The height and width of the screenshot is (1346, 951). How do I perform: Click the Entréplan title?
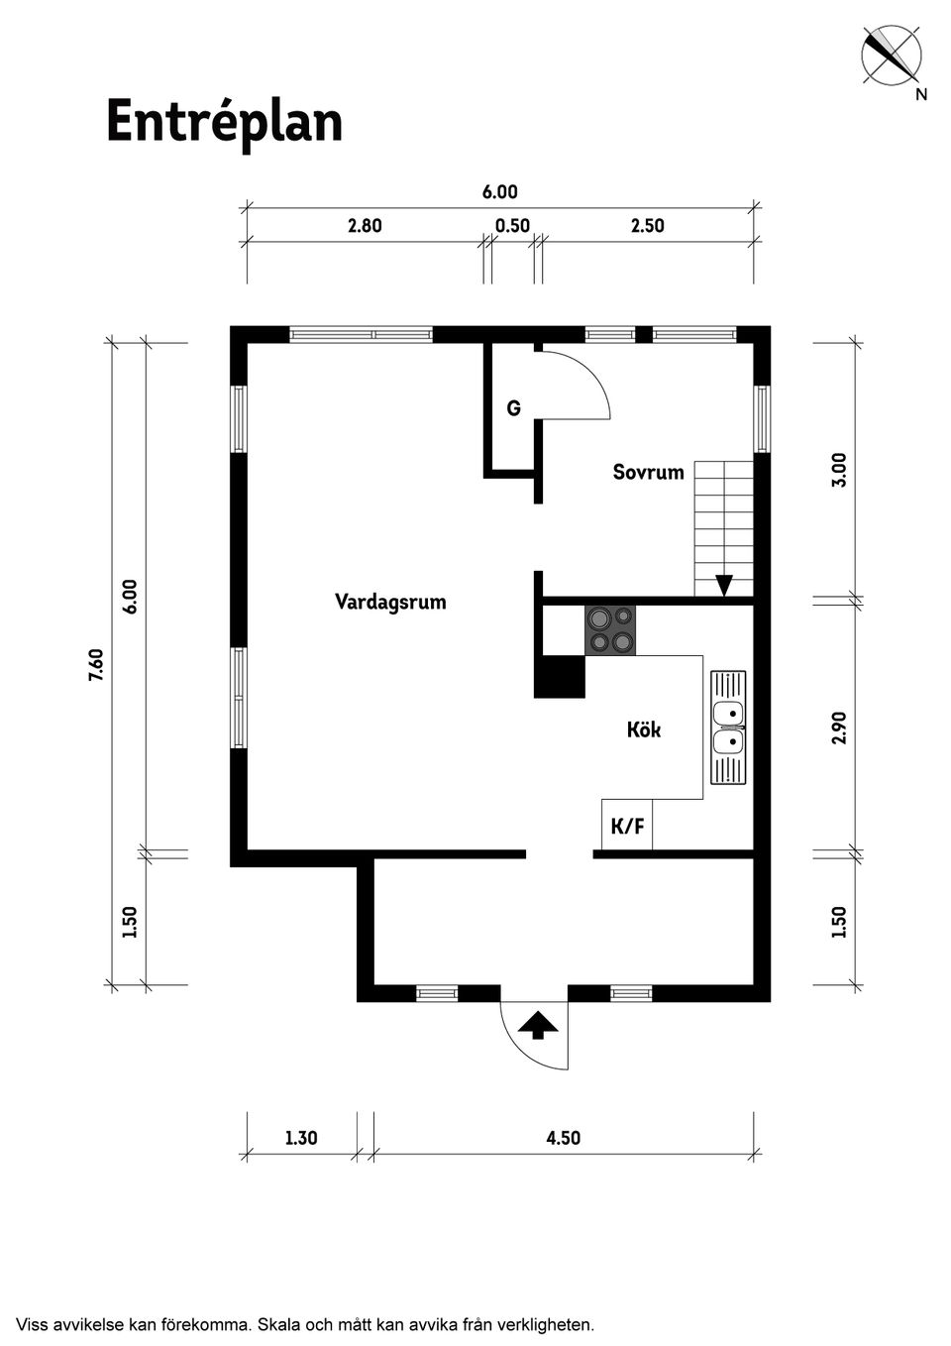tap(225, 123)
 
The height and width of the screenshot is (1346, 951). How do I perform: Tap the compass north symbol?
tap(893, 57)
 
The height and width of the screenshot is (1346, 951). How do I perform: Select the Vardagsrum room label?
tap(391, 602)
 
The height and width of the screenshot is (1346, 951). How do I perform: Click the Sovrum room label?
tap(649, 473)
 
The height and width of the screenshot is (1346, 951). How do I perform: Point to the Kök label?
tap(644, 730)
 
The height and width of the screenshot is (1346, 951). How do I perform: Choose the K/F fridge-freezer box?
tap(627, 825)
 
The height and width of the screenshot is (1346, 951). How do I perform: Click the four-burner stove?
tap(610, 630)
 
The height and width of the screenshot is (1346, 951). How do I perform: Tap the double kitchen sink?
tap(728, 728)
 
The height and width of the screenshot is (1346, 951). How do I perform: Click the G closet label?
tap(514, 408)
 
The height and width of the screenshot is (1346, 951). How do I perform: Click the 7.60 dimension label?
tap(97, 665)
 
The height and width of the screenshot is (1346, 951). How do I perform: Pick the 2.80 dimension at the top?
tap(365, 226)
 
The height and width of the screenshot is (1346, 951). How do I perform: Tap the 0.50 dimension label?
tap(513, 226)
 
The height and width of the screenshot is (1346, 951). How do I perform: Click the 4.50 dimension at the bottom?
tap(563, 1138)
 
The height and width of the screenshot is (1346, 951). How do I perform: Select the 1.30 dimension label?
tap(301, 1138)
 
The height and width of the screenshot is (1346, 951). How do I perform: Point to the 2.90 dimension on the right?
tap(839, 728)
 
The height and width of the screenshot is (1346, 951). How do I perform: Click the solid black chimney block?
tap(560, 677)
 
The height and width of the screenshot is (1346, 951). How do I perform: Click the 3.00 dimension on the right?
tap(839, 469)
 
